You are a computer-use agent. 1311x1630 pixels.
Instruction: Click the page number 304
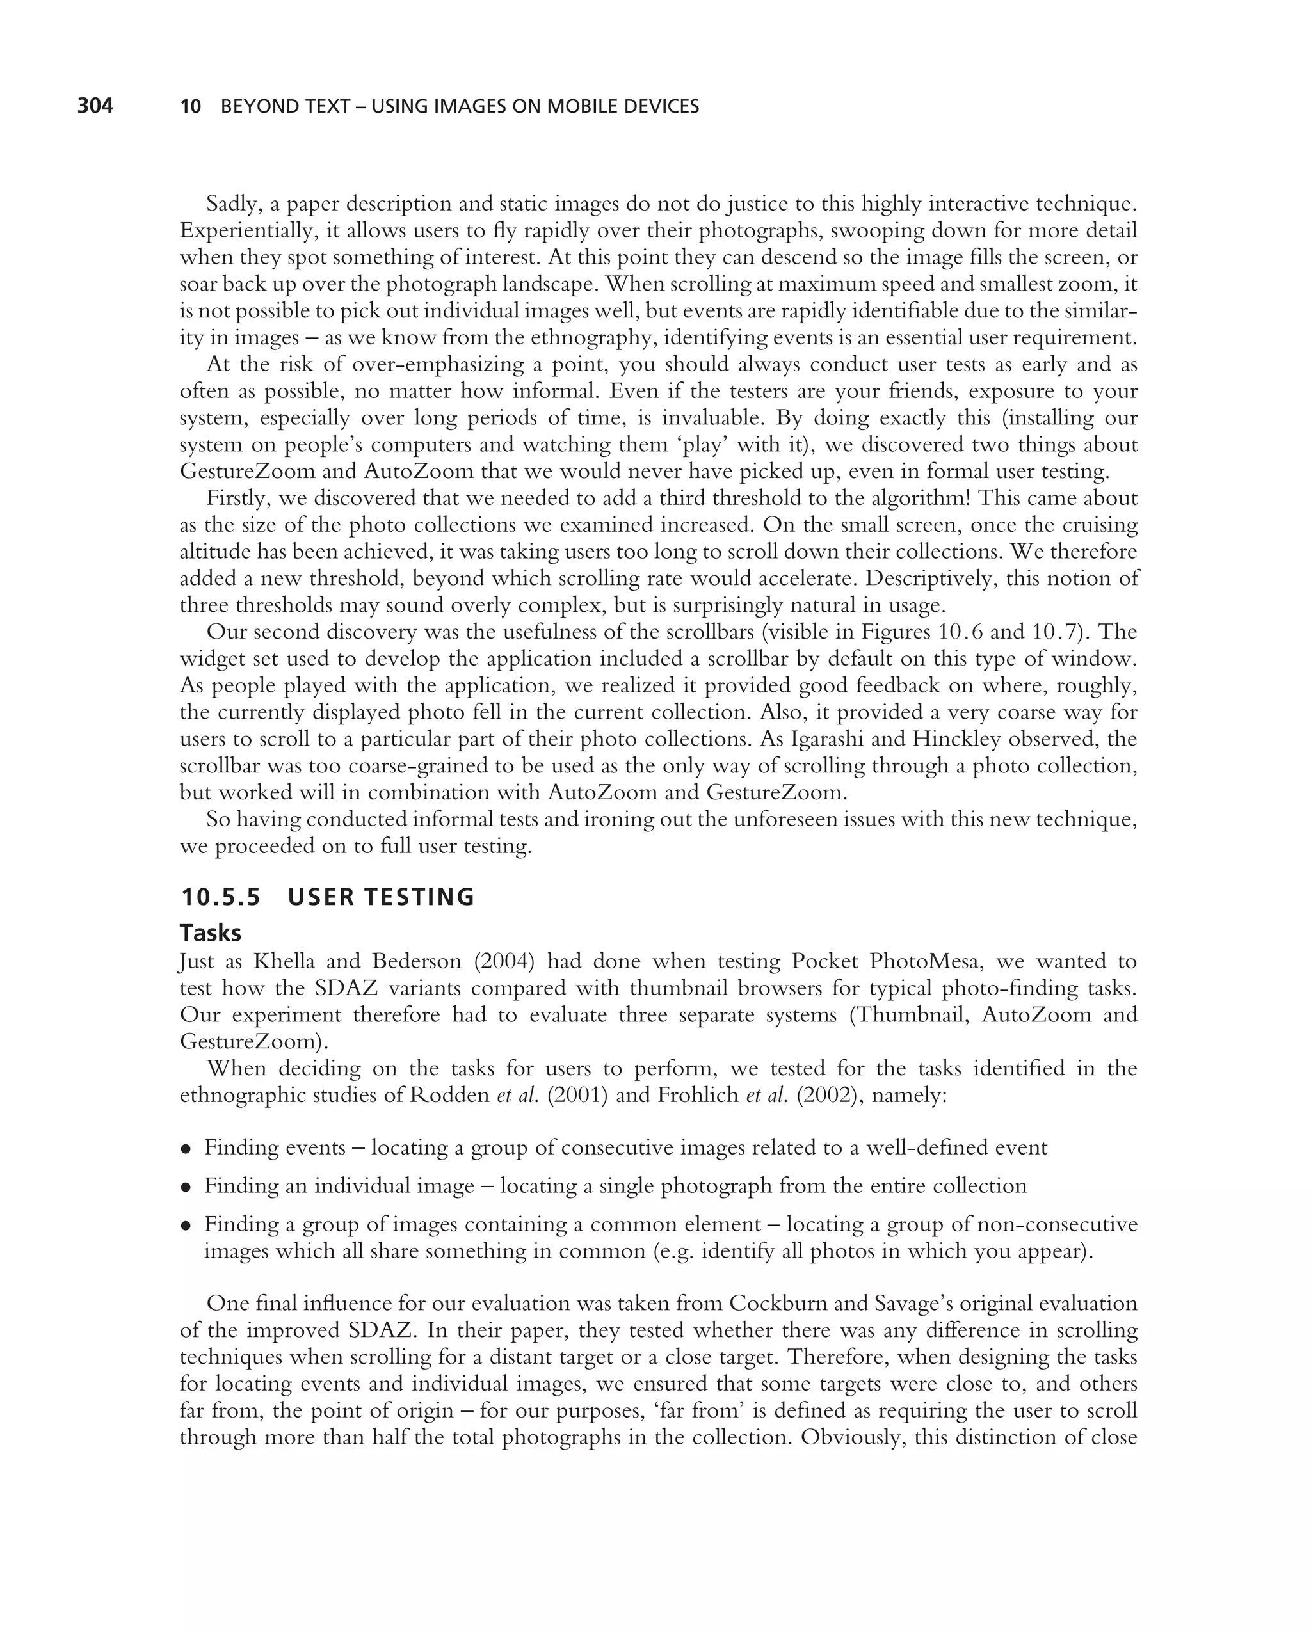click(95, 106)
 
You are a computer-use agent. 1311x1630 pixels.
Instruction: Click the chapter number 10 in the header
click(191, 107)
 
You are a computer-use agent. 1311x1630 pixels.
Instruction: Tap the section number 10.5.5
click(220, 897)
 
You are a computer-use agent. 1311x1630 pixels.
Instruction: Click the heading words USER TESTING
click(381, 897)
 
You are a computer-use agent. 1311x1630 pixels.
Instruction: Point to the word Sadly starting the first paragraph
click(234, 204)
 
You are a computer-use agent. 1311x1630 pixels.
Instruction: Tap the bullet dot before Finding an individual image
click(185, 1187)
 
